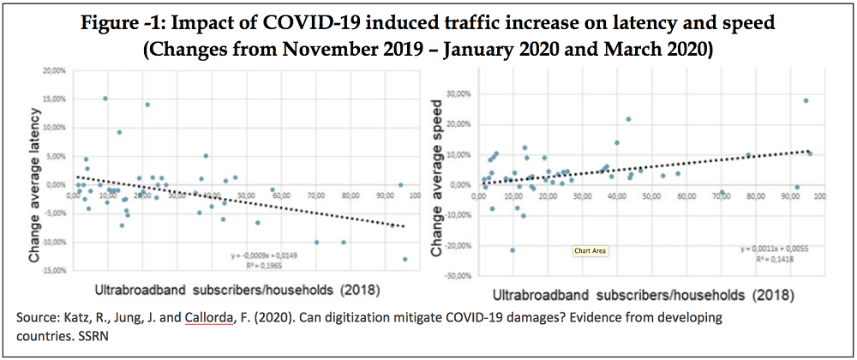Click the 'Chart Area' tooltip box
pyautogui.click(x=590, y=251)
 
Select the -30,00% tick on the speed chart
pyautogui.click(x=459, y=275)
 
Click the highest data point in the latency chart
pyautogui.click(x=105, y=99)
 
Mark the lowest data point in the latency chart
pyautogui.click(x=405, y=259)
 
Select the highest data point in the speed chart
pyautogui.click(x=806, y=100)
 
